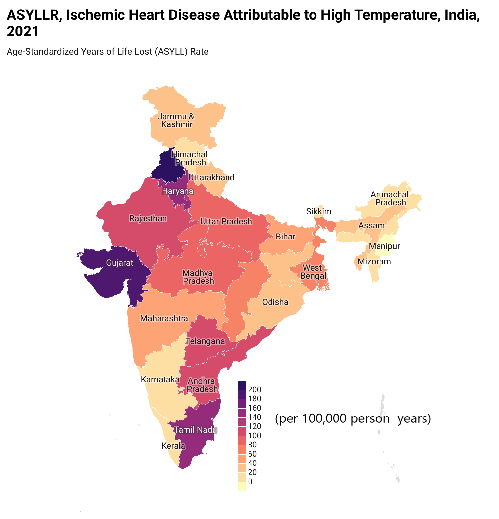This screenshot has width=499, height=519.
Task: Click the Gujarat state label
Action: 120,263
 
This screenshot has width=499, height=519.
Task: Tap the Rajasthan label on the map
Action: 148,219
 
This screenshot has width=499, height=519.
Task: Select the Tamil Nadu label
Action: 195,430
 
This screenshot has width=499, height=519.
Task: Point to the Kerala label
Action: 173,446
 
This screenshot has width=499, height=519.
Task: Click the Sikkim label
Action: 319,211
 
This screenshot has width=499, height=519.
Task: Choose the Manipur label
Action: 384,246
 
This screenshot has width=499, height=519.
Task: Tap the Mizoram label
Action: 374,262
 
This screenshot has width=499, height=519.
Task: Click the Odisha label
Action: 275,302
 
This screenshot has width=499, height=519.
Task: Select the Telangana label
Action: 206,341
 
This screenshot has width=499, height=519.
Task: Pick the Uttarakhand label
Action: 212,178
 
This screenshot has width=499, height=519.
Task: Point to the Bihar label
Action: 286,237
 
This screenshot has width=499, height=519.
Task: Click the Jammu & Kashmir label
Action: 176,120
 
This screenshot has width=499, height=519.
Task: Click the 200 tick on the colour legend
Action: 255,390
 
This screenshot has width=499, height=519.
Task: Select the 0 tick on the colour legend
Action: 250,482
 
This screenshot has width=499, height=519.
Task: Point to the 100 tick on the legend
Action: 255,436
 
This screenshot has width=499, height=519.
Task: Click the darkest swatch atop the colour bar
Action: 242,385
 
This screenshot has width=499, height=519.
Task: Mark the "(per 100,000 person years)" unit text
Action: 353,419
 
